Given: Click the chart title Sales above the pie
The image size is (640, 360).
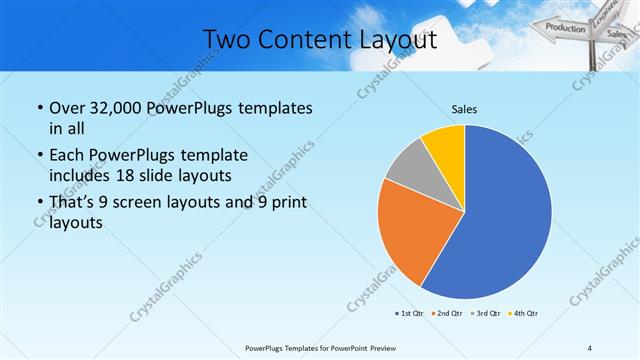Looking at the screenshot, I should pyautogui.click(x=464, y=108).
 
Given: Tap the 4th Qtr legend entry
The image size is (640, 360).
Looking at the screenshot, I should pyautogui.click(x=524, y=313).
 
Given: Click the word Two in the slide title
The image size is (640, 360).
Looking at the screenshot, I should pyautogui.click(x=227, y=40).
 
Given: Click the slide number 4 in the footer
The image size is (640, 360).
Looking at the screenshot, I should pyautogui.click(x=590, y=347).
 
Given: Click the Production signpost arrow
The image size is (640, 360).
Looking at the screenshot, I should pyautogui.click(x=565, y=28).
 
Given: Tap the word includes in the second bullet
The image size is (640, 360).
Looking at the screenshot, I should pyautogui.click(x=80, y=174).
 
